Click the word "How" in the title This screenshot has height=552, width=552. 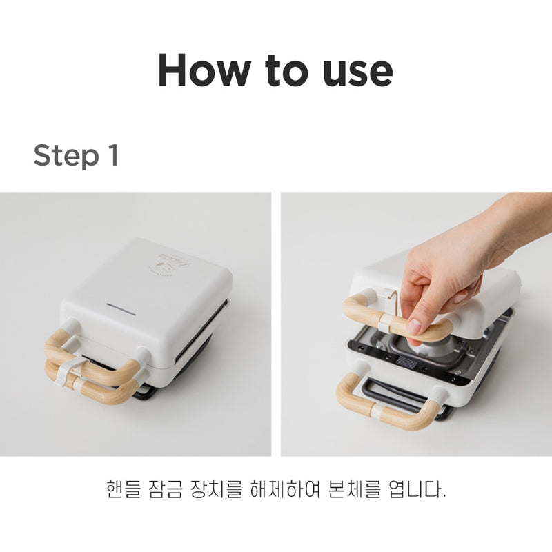[204, 70]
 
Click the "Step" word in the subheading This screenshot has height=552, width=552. [66, 155]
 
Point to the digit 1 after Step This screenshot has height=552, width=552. [113, 155]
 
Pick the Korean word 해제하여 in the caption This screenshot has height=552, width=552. [285, 489]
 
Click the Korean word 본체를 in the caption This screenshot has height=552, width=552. [354, 489]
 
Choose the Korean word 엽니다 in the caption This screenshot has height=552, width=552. [415, 489]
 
